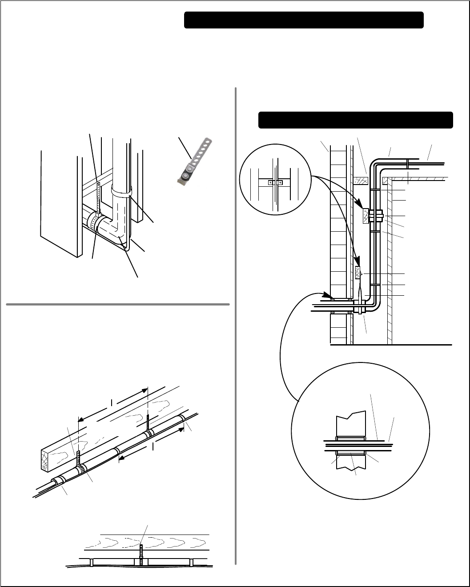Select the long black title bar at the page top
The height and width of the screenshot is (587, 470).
point(304,20)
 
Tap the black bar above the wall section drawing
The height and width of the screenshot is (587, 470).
point(355,120)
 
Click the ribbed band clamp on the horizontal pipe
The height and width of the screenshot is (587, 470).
point(94,220)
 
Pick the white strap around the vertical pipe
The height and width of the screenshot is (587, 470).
point(121,192)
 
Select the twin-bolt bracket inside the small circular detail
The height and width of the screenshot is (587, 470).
point(275,183)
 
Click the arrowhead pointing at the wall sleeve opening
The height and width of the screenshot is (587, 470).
point(326,296)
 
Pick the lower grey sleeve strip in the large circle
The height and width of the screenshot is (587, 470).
point(351,453)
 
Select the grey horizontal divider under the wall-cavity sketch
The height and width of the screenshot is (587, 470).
point(118,305)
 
